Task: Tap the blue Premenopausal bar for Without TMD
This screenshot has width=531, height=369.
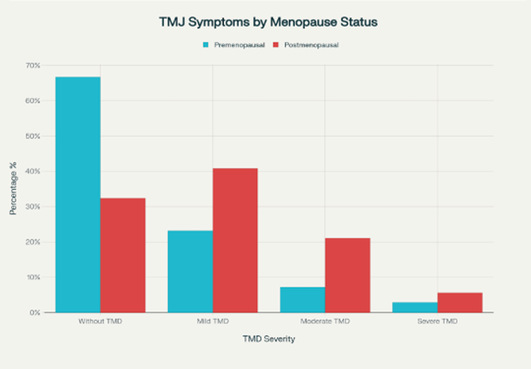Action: [x=78, y=194]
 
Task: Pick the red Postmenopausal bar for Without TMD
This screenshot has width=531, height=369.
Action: [x=123, y=255]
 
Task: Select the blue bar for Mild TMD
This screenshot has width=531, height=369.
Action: [x=190, y=271]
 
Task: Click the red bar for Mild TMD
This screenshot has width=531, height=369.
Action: [x=235, y=240]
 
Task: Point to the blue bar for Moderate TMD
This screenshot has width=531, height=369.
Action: [x=302, y=300]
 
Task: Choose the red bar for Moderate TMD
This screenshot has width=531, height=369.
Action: [x=347, y=275]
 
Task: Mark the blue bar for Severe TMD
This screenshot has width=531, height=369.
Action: [x=415, y=307]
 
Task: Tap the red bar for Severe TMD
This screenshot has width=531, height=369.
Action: [x=460, y=302]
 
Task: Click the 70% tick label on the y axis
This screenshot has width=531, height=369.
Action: [x=33, y=66]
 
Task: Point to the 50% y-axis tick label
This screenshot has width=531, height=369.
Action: [x=33, y=136]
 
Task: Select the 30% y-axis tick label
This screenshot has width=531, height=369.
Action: [x=33, y=207]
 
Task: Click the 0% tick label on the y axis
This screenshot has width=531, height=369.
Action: [x=35, y=313]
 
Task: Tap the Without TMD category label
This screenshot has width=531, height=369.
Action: [x=100, y=321]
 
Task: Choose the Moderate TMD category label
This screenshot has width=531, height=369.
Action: [x=325, y=321]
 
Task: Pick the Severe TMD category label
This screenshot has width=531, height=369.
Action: [x=438, y=321]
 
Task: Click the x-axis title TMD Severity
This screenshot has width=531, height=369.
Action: [x=269, y=339]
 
